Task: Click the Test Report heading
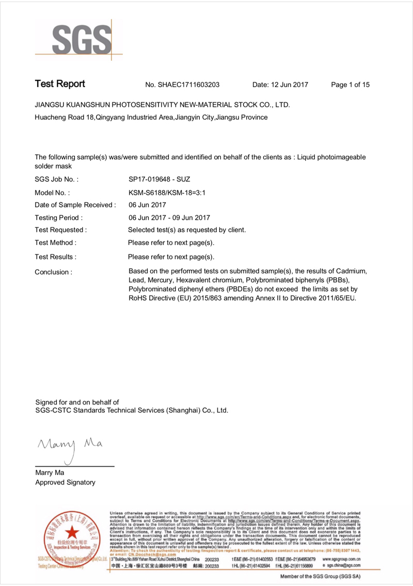(60, 84)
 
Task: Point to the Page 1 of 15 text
(351, 85)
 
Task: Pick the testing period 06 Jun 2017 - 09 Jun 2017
(169, 218)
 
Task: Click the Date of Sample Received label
(75, 205)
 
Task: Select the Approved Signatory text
(65, 482)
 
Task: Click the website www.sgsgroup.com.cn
(341, 559)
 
